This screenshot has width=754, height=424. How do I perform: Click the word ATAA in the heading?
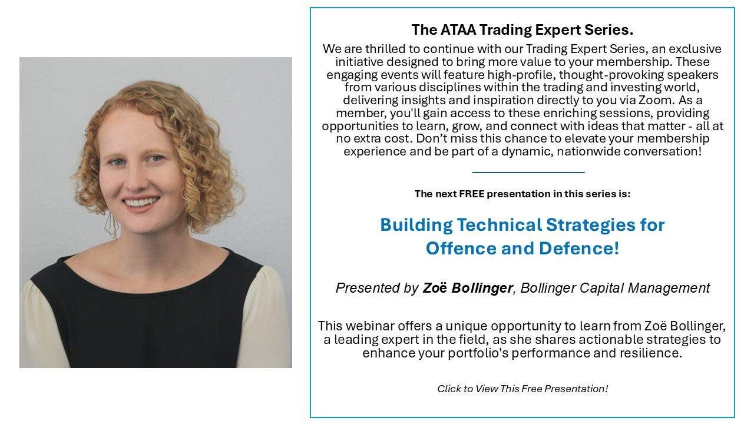(458, 29)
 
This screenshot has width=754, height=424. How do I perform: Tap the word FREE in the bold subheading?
(472, 194)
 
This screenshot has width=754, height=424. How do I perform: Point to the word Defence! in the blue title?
(579, 249)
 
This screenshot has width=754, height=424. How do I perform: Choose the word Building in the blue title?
(416, 225)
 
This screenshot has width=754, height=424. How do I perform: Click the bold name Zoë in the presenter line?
(435, 288)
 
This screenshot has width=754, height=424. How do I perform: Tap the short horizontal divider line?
(528, 173)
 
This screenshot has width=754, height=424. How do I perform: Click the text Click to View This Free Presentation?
(522, 389)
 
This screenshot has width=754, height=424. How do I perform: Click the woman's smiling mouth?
(141, 203)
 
